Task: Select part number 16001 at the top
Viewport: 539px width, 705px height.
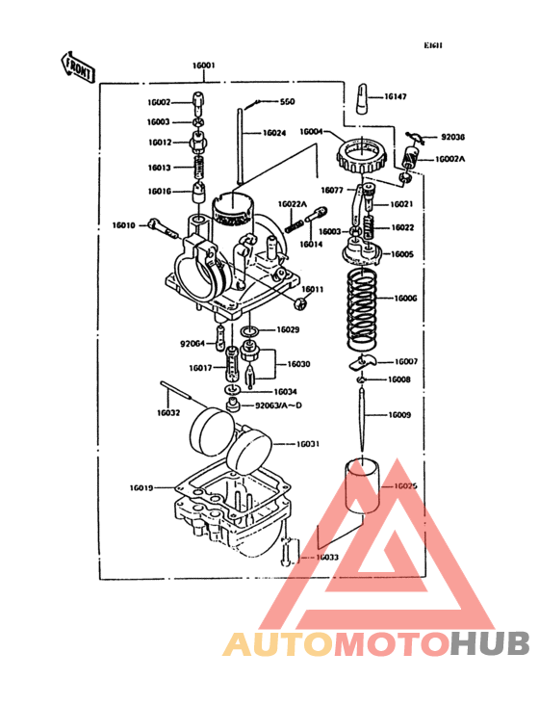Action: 203,66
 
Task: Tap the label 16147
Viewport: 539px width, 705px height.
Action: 396,97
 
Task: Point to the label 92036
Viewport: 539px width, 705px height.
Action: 452,138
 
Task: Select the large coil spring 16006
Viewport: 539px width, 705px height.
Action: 363,301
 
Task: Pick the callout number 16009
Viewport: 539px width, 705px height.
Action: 399,415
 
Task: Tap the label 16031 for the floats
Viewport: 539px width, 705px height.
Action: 308,444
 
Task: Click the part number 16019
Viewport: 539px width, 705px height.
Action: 141,488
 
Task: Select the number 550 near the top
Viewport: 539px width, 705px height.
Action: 287,102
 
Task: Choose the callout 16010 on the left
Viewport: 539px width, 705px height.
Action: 123,225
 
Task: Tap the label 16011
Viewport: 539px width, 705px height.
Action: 314,289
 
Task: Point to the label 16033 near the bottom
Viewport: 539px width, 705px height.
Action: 326,557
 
